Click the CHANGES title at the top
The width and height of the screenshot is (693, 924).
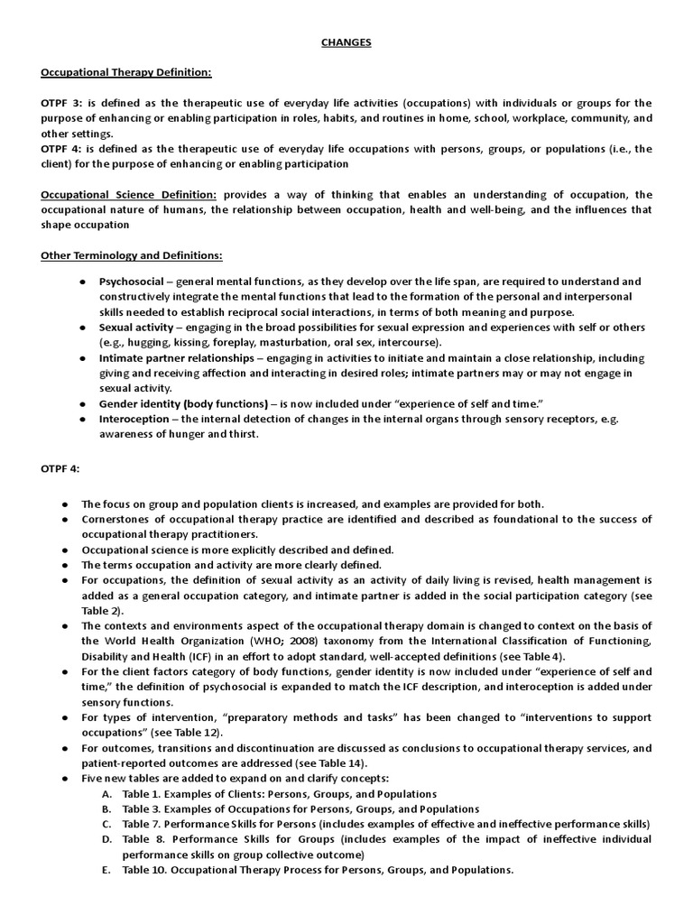tap(346, 42)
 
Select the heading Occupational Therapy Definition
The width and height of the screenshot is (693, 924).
tap(126, 72)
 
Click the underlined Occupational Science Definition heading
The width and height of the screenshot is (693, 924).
tap(129, 195)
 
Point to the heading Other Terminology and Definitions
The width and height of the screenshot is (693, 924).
tap(132, 255)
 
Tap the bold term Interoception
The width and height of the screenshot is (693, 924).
tap(134, 419)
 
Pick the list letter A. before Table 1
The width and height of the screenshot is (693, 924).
tap(106, 794)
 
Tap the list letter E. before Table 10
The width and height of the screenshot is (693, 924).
tap(106, 871)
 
